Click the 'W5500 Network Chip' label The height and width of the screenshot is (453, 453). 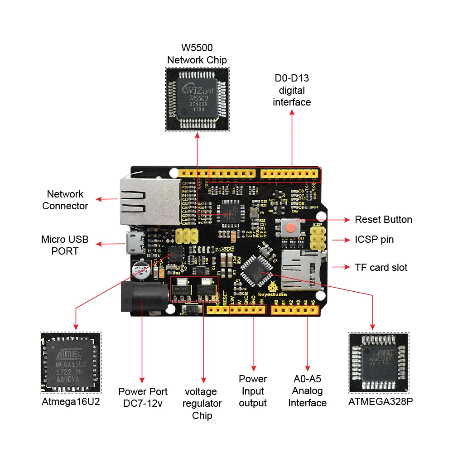click(x=197, y=54)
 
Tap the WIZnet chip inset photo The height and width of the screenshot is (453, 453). click(x=197, y=99)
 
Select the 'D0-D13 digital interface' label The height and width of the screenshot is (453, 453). click(x=292, y=90)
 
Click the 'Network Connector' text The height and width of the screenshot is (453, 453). click(x=65, y=200)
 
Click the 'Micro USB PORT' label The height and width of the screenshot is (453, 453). click(x=65, y=245)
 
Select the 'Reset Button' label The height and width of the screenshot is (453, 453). click(x=383, y=220)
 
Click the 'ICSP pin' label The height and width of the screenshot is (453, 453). click(x=374, y=239)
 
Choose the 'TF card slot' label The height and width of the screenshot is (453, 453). click(x=381, y=267)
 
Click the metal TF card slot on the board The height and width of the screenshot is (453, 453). click(x=301, y=270)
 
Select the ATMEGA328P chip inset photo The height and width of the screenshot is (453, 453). click(x=379, y=363)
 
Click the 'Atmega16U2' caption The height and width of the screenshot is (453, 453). click(x=71, y=401)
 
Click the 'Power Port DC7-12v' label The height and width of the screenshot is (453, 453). click(x=143, y=397)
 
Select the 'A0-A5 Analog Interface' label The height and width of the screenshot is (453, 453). click(x=308, y=391)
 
